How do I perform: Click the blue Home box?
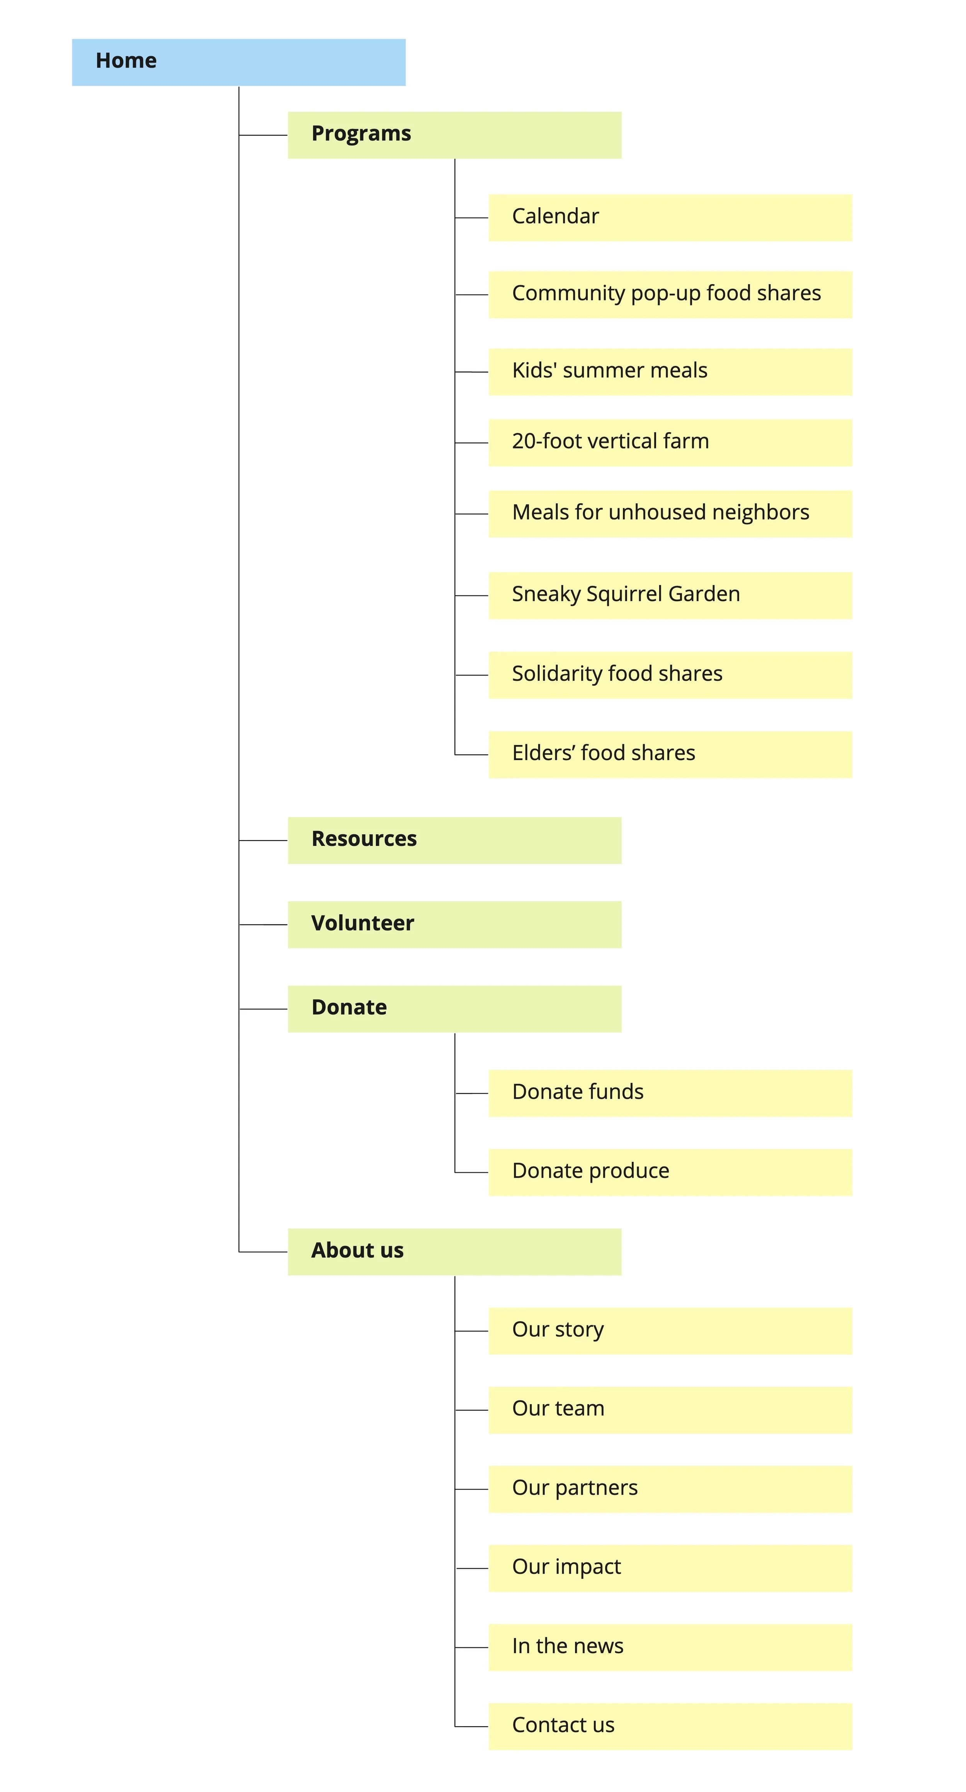point(238,63)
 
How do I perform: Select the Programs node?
point(454,135)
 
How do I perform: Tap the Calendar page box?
point(670,218)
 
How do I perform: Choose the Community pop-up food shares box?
point(670,294)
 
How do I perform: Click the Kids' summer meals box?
point(670,372)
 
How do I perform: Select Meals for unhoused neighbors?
point(670,513)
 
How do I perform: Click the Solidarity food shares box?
point(670,675)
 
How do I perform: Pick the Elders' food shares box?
point(670,754)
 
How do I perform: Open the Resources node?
point(454,840)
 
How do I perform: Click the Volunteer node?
point(454,924)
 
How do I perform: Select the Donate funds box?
point(670,1093)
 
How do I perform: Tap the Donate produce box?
point(670,1172)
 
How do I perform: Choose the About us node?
point(454,1252)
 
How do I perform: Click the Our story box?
point(670,1331)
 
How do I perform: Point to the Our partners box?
point(670,1489)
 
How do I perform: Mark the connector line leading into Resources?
point(263,841)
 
